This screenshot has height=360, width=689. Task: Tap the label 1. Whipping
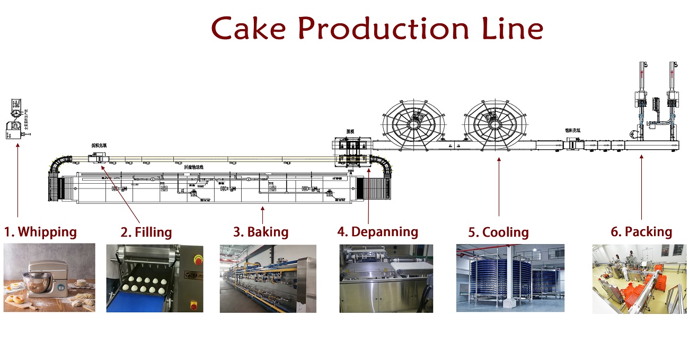(x=41, y=232)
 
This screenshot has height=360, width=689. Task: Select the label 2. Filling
(x=146, y=232)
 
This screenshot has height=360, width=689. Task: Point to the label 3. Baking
(x=261, y=232)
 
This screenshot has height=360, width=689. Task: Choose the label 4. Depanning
(x=378, y=232)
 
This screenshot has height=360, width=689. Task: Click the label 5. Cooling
(x=498, y=232)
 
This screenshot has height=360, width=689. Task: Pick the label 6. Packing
(x=641, y=232)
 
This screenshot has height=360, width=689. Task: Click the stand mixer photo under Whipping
(x=49, y=277)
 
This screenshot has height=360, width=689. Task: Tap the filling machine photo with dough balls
(x=154, y=278)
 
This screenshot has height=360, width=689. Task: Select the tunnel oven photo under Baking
(x=268, y=278)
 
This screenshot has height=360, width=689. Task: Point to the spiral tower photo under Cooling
(x=510, y=278)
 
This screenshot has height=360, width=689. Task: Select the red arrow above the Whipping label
(x=18, y=180)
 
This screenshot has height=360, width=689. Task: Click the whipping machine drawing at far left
(x=16, y=119)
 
